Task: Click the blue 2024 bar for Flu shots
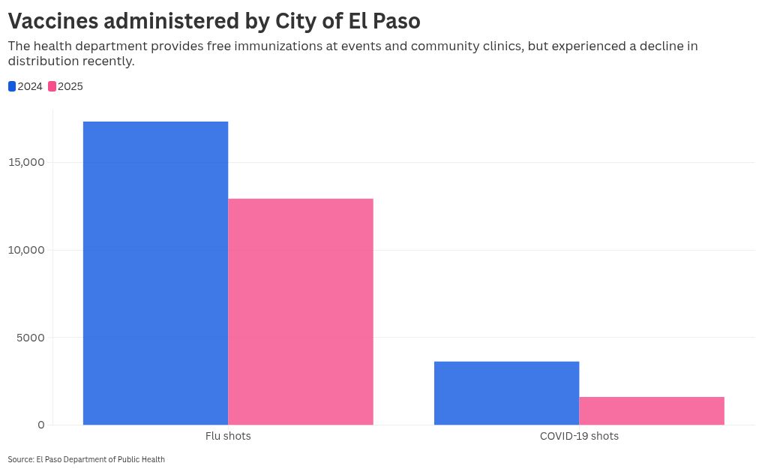[x=155, y=273]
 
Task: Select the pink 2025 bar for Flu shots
[x=300, y=311]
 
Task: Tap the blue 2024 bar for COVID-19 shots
[x=506, y=393]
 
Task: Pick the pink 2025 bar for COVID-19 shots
[x=652, y=410]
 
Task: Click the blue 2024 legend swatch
[x=12, y=86]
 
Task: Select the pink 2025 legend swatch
[x=52, y=86]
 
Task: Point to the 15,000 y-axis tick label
[x=27, y=163]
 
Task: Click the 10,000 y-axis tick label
[x=27, y=250]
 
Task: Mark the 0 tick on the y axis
[x=41, y=425]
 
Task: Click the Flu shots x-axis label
[x=228, y=436]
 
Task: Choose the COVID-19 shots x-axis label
[x=579, y=436]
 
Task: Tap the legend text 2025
[x=70, y=86]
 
